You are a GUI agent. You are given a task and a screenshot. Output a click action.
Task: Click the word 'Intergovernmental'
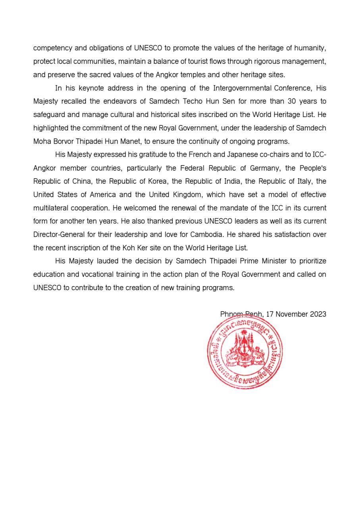pos(242,88)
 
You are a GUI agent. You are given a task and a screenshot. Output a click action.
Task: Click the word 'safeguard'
pos(48,115)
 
